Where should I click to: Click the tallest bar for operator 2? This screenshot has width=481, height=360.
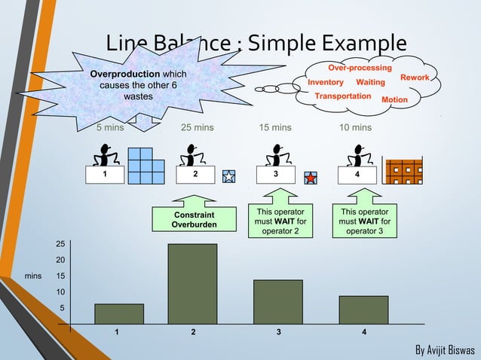coord(192,283)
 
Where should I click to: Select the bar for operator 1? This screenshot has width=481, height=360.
coord(119,314)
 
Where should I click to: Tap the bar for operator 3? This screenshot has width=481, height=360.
coord(277,302)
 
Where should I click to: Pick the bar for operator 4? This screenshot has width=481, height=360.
coord(363,310)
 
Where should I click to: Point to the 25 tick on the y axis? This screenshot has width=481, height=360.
coord(60,243)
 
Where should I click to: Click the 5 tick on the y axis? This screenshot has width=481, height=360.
coord(63,308)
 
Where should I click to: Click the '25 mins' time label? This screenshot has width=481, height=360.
coord(198,128)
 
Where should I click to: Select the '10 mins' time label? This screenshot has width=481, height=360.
coord(355,128)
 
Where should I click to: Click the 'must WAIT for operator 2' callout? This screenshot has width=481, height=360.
coord(280,221)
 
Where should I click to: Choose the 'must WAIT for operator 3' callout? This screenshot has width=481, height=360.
coord(365,221)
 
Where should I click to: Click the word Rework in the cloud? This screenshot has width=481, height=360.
coord(415,78)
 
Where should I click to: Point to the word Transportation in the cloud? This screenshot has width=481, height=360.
coord(342,96)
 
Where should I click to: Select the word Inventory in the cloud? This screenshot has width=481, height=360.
coord(326,82)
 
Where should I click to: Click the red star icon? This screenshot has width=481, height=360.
coord(310,178)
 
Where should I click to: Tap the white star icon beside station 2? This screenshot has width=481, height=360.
coord(229,177)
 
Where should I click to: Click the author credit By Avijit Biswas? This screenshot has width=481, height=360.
coord(445,350)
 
